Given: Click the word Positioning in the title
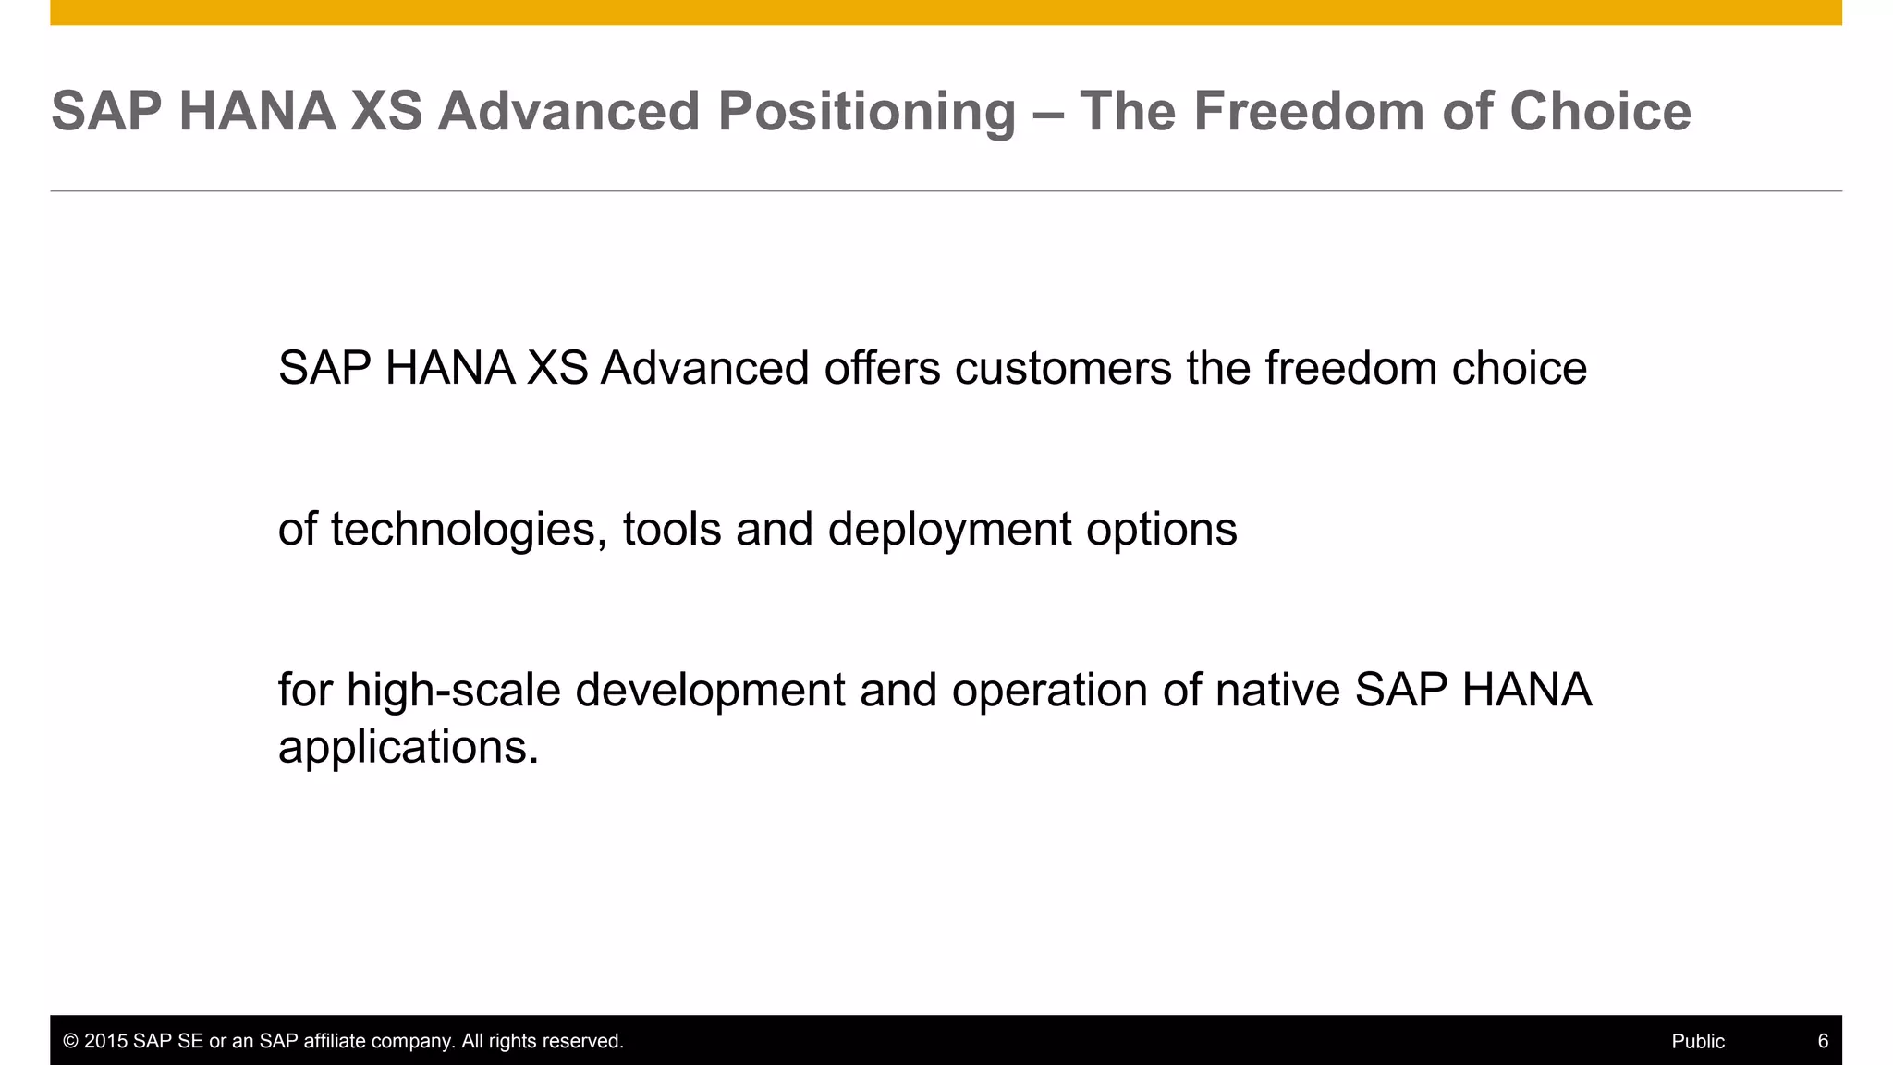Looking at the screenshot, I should [866, 113].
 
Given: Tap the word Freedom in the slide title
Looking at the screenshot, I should [1309, 113].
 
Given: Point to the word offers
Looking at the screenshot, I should [882, 368].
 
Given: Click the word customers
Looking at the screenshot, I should [1063, 368].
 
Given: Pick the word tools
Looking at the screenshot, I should [672, 530].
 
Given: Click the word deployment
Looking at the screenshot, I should [950, 530].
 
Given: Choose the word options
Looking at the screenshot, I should [1161, 530].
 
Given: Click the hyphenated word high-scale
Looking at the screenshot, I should [454, 691].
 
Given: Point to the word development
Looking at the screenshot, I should [710, 691].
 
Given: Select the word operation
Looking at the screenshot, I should [1049, 691].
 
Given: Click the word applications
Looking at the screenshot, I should [408, 747].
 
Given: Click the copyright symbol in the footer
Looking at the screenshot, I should [70, 1041].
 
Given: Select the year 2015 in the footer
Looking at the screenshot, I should [105, 1041].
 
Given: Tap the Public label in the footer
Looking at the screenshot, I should [1697, 1041].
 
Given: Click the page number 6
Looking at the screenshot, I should [1823, 1041].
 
